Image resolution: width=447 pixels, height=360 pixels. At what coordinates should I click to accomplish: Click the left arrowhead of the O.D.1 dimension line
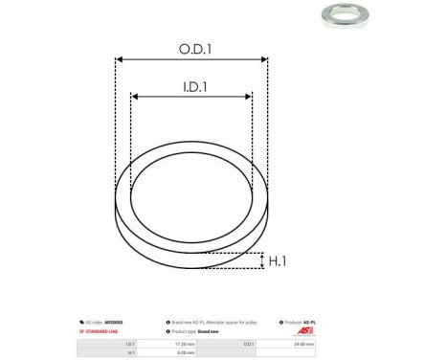(120, 58)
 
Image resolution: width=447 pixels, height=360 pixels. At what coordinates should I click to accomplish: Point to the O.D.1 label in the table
(249, 342)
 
